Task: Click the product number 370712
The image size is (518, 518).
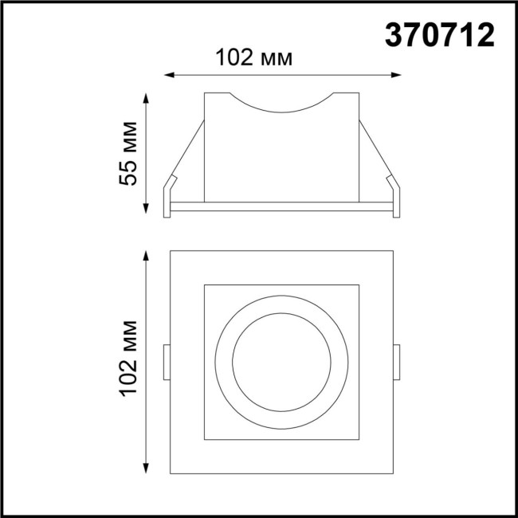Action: click(x=440, y=34)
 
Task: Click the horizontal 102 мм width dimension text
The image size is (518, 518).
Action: click(x=254, y=57)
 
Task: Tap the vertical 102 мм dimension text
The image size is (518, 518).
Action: click(x=130, y=359)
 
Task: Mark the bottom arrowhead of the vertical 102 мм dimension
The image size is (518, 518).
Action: click(x=146, y=469)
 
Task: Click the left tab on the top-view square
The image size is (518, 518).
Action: click(x=167, y=362)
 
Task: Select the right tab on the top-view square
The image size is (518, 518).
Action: click(x=396, y=362)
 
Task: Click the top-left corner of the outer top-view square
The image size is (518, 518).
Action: click(x=171, y=251)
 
